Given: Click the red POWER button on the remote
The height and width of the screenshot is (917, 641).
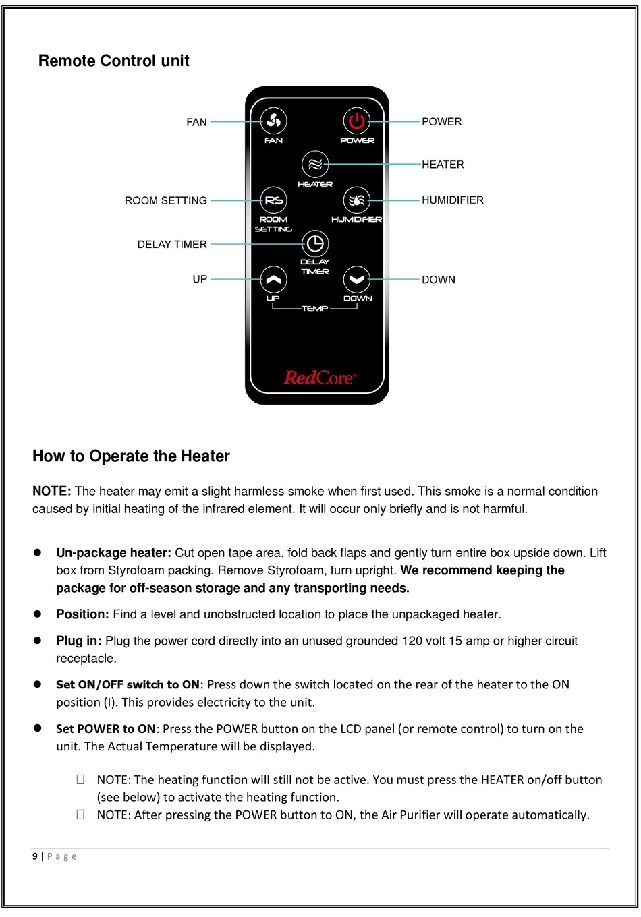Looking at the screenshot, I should tap(356, 121).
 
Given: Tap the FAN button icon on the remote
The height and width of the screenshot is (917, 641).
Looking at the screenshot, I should tap(273, 121).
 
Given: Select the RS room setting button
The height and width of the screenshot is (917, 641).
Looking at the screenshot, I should tap(273, 200).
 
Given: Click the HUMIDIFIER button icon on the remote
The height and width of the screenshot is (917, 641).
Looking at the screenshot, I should tap(356, 200).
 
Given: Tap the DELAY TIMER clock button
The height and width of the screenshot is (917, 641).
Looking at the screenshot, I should tap(315, 243).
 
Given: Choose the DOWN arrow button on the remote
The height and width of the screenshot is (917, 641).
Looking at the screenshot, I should tap(356, 279).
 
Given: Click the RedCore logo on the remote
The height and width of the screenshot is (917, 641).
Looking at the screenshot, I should tap(319, 378).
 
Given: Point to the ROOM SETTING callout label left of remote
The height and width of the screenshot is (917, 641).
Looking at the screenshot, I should tap(166, 201).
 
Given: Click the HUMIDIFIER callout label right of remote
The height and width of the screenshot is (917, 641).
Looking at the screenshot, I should tap(453, 200).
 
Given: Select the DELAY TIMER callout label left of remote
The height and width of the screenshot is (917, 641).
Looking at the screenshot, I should tap(172, 245).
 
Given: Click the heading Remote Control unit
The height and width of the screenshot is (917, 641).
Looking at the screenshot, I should tap(113, 61).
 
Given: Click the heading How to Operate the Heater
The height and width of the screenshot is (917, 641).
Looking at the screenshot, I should tap(131, 456).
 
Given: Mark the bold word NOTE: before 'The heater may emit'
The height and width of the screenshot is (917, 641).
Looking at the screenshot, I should tap(52, 492).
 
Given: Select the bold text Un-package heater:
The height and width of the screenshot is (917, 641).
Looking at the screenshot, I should tap(113, 553).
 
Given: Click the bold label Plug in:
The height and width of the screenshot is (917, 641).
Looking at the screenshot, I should tap(79, 641).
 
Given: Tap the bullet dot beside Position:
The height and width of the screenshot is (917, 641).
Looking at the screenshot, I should tap(38, 614).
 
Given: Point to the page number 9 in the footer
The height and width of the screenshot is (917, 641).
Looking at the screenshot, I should tap(35, 857).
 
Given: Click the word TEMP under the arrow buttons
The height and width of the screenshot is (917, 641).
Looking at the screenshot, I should tap(314, 309).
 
